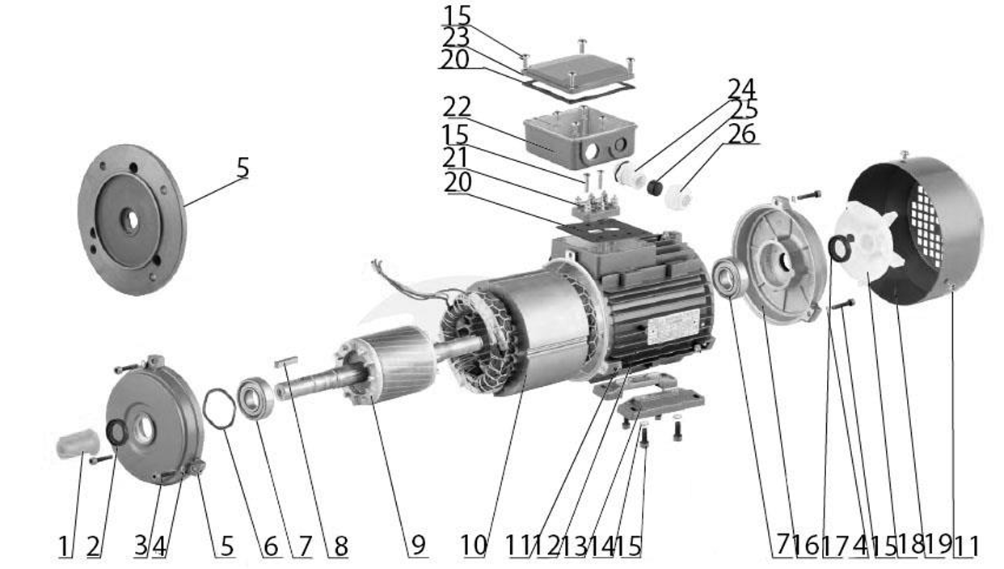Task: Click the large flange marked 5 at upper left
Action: pos(132,219)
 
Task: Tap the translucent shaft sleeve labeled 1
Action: pos(77,443)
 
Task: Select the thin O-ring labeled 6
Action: pos(219,409)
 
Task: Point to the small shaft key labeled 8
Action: pos(286,361)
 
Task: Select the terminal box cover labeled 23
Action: pos(578,72)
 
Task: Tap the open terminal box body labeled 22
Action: pos(580,137)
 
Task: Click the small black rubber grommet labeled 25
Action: pos(656,187)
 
